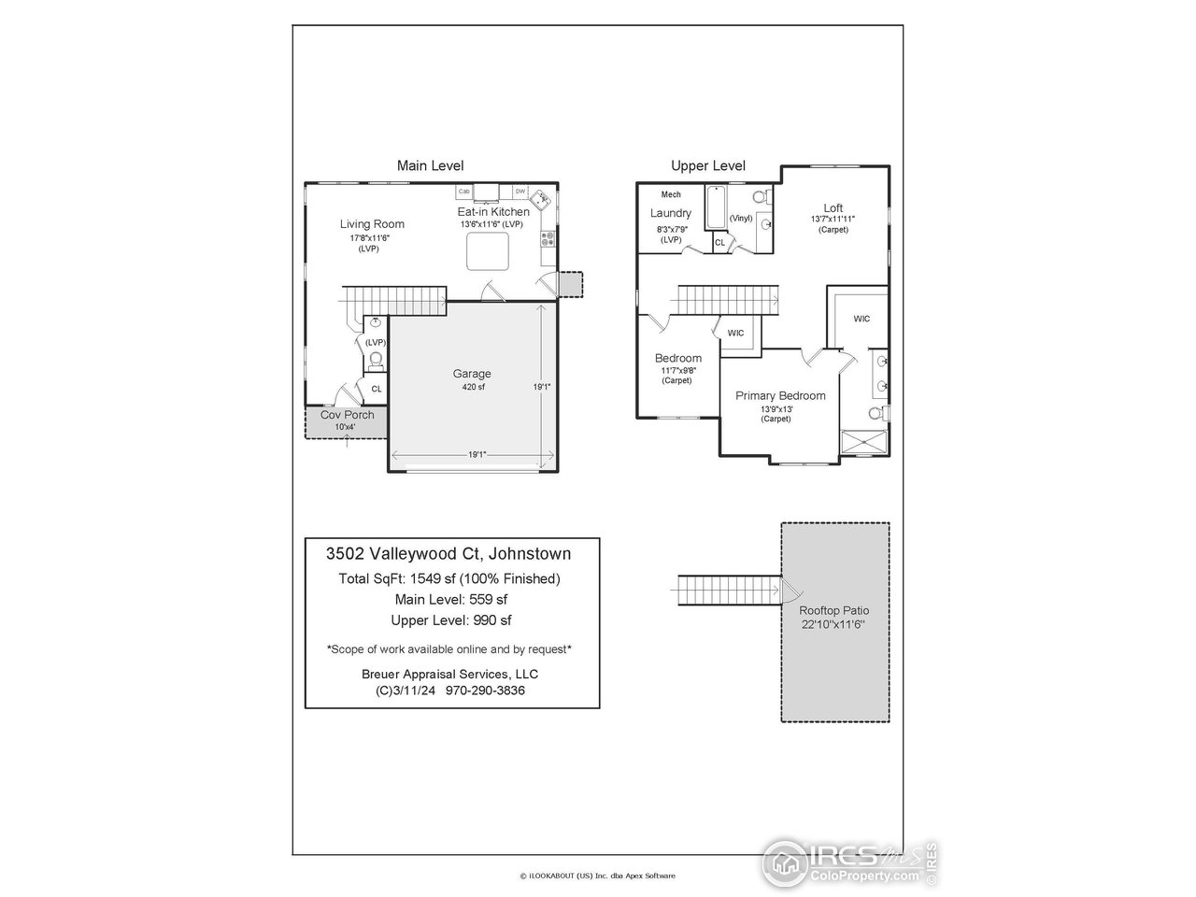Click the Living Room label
pos(372,224)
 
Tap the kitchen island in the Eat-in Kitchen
pos(488,251)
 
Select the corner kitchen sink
pos(540,198)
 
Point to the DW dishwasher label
pos(520,192)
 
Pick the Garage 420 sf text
pos(472,379)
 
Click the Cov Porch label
pos(347,415)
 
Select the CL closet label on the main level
pos(377,389)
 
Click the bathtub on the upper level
pos(716,208)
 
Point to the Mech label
pos(671,194)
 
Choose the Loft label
pos(833,208)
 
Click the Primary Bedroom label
pos(780,396)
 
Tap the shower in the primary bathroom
pos(863,442)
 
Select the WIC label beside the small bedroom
pos(736,333)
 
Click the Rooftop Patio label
pos(834,610)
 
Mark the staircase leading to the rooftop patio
pos(728,591)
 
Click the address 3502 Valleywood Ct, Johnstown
pos(448,553)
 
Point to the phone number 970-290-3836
pos(485,691)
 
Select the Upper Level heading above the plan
pos(708,166)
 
